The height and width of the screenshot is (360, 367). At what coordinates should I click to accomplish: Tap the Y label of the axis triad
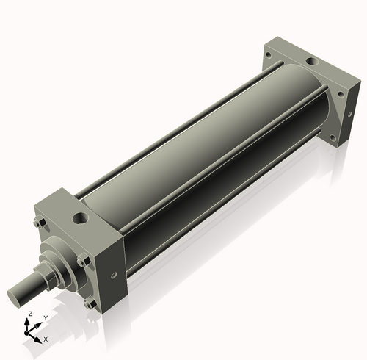pyautogui.click(x=46, y=317)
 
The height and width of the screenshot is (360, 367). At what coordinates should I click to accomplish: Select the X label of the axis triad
pyautogui.click(x=46, y=339)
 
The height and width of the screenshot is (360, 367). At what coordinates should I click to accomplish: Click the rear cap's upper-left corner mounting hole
pyautogui.click(x=269, y=55)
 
